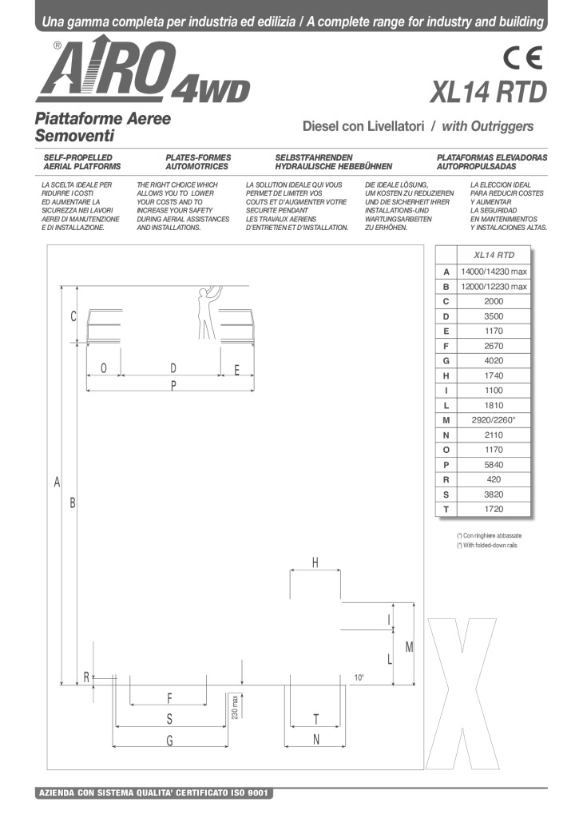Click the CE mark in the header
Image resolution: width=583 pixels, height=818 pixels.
click(x=523, y=60)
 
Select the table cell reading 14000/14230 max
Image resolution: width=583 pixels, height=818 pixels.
click(x=494, y=272)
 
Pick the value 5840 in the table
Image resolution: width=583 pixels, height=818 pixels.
click(x=494, y=464)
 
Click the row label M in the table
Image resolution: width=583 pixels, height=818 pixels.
click(x=446, y=419)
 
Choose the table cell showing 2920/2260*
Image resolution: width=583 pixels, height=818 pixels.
click(x=494, y=419)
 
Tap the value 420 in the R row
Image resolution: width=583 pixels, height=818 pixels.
click(x=494, y=479)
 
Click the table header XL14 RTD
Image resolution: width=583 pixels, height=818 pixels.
click(x=494, y=256)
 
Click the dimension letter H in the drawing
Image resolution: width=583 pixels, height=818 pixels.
click(x=315, y=562)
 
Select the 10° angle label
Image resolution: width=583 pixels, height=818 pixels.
click(x=359, y=677)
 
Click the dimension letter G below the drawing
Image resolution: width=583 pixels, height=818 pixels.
click(x=169, y=741)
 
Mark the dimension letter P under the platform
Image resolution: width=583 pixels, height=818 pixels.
click(x=173, y=385)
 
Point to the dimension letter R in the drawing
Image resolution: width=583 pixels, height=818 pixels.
click(x=86, y=677)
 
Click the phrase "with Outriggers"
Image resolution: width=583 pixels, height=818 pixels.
click(x=487, y=126)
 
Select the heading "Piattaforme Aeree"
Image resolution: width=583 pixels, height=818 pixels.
click(x=103, y=117)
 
